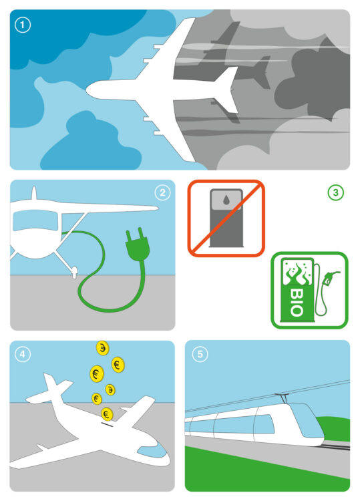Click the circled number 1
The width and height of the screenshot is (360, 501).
click(x=23, y=25)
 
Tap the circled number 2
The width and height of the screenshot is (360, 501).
click(x=162, y=192)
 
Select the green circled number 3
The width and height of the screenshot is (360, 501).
click(x=335, y=192)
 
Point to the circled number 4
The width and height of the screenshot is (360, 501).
click(x=23, y=354)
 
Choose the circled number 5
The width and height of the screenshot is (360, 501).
click(x=200, y=354)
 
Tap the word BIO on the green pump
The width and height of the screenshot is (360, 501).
click(x=297, y=302)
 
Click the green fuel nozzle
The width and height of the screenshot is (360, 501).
click(x=330, y=277)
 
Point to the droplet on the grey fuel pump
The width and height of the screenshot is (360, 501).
click(x=226, y=200)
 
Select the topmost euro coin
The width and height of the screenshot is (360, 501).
click(x=103, y=347)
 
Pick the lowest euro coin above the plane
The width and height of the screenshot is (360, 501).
click(x=107, y=414)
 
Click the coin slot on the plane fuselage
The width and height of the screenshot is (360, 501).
click(x=107, y=425)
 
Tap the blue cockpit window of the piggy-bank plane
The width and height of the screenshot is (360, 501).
click(x=152, y=450)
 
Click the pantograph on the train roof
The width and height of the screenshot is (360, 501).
click(x=283, y=398)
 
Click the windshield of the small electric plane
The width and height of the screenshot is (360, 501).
click(x=35, y=220)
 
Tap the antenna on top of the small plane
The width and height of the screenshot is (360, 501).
click(x=34, y=193)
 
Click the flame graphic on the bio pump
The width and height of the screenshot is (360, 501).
click(x=297, y=273)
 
